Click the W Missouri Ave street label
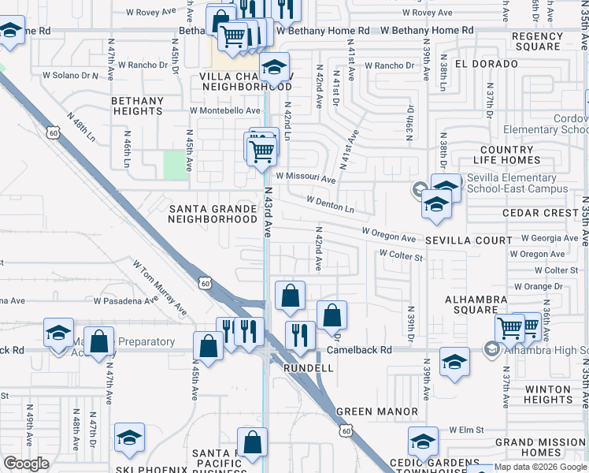click(306, 178)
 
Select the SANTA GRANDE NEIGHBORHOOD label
click(213, 214)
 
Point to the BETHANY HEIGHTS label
click(137, 106)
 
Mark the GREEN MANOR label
click(377, 412)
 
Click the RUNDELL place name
click(308, 367)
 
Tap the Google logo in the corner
click(26, 464)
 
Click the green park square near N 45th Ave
click(175, 165)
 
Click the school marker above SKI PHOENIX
click(130, 439)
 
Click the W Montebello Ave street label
click(224, 111)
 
